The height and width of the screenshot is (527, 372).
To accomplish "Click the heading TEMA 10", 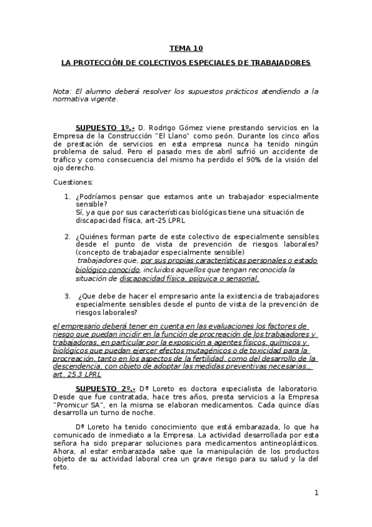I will (186, 48).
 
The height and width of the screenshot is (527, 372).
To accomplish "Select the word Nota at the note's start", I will (62, 91).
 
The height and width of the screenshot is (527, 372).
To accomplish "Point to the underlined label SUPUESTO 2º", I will (105, 388).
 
